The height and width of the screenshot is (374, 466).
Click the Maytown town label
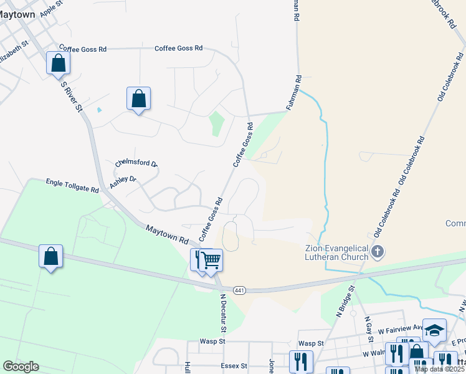[x=17, y=14]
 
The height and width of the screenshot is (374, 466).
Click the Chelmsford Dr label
[x=136, y=163]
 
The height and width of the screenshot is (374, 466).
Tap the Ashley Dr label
[x=123, y=182]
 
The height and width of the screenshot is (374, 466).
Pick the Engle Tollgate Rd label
[x=72, y=185]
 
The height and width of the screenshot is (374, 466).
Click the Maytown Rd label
[x=167, y=235]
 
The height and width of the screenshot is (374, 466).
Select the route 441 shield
[x=239, y=290]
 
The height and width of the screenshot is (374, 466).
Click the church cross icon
[x=378, y=252]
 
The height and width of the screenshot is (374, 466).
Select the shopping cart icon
[x=211, y=259]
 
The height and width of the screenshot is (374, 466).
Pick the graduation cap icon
[x=434, y=330]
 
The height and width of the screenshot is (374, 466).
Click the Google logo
[x=21, y=367]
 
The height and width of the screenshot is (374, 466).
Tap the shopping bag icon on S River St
[x=58, y=62]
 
